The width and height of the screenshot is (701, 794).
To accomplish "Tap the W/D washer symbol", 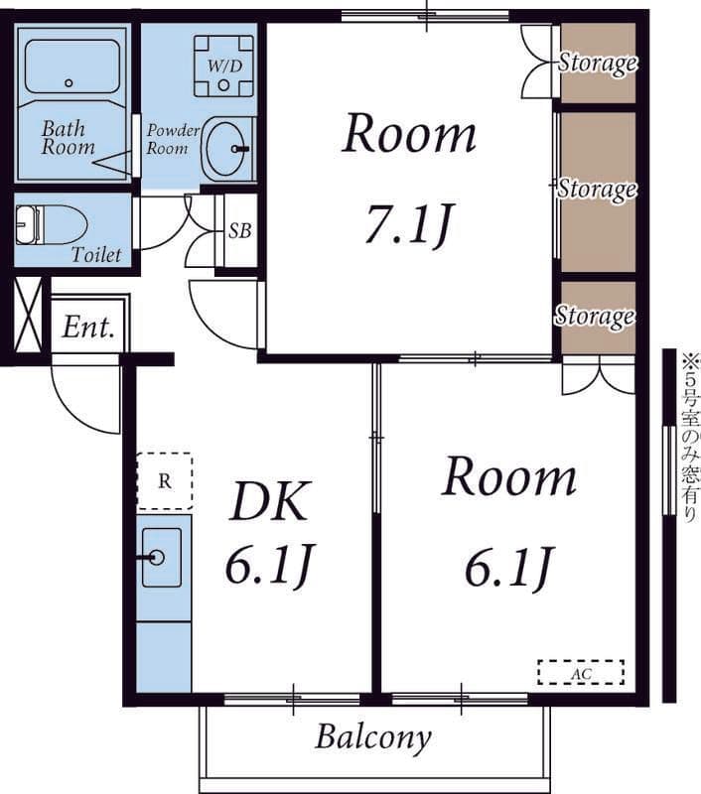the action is pyautogui.click(x=223, y=66).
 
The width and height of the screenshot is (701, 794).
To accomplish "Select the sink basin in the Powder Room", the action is pyautogui.click(x=227, y=148).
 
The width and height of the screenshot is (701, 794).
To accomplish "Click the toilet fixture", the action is pyautogui.click(x=52, y=224).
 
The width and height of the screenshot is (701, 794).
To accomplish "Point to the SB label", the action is pyautogui.click(x=239, y=231).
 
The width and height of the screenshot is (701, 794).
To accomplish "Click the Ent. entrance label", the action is pyautogui.click(x=88, y=328).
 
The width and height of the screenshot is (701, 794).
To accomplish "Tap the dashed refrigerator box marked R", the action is pyautogui.click(x=165, y=480).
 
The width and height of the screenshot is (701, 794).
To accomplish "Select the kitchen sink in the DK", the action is pyautogui.click(x=162, y=558).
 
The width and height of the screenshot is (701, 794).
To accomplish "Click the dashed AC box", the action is pyautogui.click(x=581, y=673).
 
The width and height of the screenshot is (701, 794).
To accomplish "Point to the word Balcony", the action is pyautogui.click(x=373, y=737).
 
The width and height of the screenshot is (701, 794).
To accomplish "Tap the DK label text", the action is pyautogui.click(x=269, y=501).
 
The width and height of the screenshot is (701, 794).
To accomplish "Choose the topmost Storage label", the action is pyautogui.click(x=598, y=63).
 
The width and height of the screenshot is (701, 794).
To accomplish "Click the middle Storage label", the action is pyautogui.click(x=597, y=189).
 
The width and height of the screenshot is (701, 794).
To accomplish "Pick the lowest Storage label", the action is pyautogui.click(x=595, y=316).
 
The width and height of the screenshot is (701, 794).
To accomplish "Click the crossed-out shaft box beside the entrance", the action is pyautogui.click(x=28, y=314).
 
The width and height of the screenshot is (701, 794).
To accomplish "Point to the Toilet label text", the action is pyautogui.click(x=96, y=254).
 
